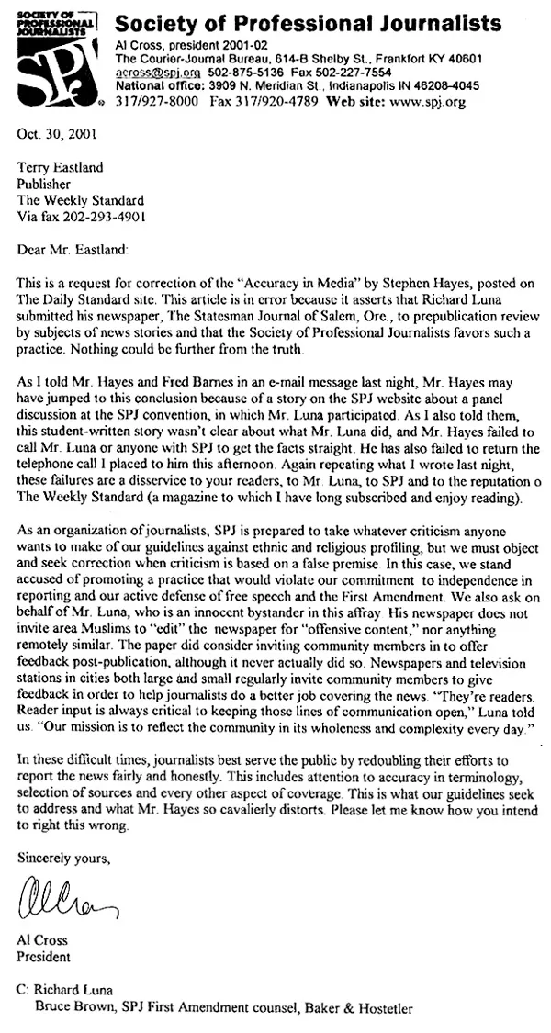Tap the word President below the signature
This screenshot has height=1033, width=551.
coord(46,957)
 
